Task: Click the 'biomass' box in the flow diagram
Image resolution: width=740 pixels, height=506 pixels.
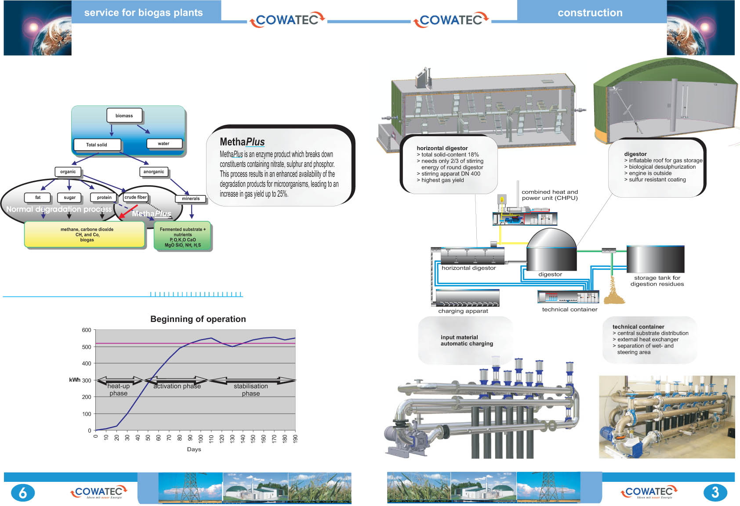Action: pyautogui.click(x=124, y=116)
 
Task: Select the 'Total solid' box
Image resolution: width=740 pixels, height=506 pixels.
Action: pyautogui.click(x=97, y=145)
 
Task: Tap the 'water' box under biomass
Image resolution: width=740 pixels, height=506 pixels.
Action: pyautogui.click(x=163, y=144)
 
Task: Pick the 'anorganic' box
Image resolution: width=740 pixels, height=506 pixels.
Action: pyautogui.click(x=154, y=172)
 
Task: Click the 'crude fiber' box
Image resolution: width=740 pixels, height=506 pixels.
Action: pyautogui.click(x=135, y=198)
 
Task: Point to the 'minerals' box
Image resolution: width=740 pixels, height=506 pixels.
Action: pyautogui.click(x=191, y=199)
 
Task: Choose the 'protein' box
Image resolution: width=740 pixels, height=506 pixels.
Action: pyautogui.click(x=104, y=198)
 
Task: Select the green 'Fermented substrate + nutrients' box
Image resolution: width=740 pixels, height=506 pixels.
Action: pyautogui.click(x=182, y=237)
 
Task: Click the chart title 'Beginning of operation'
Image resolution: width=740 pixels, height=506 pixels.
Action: pyautogui.click(x=198, y=319)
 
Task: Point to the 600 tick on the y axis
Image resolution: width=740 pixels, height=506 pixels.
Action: pyautogui.click(x=87, y=330)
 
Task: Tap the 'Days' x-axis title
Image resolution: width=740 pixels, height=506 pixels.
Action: pyautogui.click(x=194, y=449)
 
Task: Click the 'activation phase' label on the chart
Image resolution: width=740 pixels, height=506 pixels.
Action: pyautogui.click(x=177, y=387)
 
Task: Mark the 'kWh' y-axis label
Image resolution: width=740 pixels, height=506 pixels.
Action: pyautogui.click(x=74, y=380)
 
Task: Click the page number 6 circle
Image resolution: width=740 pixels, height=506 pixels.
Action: pyautogui.click(x=22, y=493)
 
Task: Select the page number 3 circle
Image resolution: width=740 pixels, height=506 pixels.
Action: pyautogui.click(x=715, y=492)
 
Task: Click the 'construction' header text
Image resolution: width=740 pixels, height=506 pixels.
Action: pyautogui.click(x=590, y=13)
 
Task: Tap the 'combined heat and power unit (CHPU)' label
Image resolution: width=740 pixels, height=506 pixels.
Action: pyautogui.click(x=549, y=195)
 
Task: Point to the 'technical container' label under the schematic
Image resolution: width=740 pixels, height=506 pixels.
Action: pyautogui.click(x=570, y=310)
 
